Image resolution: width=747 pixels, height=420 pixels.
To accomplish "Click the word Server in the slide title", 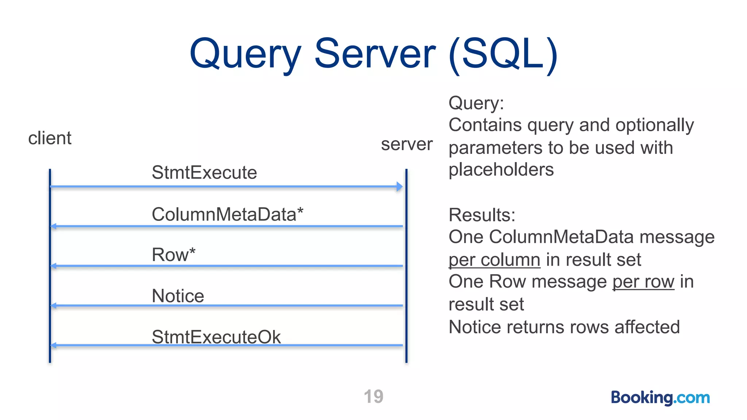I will pos(375,54).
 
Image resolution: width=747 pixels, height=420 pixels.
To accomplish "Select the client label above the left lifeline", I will pos(50,138).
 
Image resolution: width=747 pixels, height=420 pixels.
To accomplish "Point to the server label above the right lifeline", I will pos(407,144).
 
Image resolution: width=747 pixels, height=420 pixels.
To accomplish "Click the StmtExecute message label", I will pos(204,172).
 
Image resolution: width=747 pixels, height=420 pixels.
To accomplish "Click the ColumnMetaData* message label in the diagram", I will pos(227,214).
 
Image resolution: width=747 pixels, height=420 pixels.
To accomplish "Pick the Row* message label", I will pos(174,254).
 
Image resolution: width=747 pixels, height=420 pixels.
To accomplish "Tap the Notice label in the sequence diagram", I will pos(178,296).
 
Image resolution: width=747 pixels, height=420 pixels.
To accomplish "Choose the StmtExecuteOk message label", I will pos(216,337).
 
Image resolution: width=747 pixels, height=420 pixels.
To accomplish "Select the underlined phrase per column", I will pos(494,260).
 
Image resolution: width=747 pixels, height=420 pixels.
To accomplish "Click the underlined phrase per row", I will pos(643,282).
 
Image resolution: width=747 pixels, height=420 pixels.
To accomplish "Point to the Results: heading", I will pos(482,215).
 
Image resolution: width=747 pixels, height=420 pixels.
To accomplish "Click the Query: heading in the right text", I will pos(476,103).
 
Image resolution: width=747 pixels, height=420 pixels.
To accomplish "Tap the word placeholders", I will pos(501,170).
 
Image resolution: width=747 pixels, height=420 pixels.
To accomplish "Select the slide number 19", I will pos(373,397).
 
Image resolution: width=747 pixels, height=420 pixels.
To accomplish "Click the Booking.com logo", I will pos(660,397).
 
